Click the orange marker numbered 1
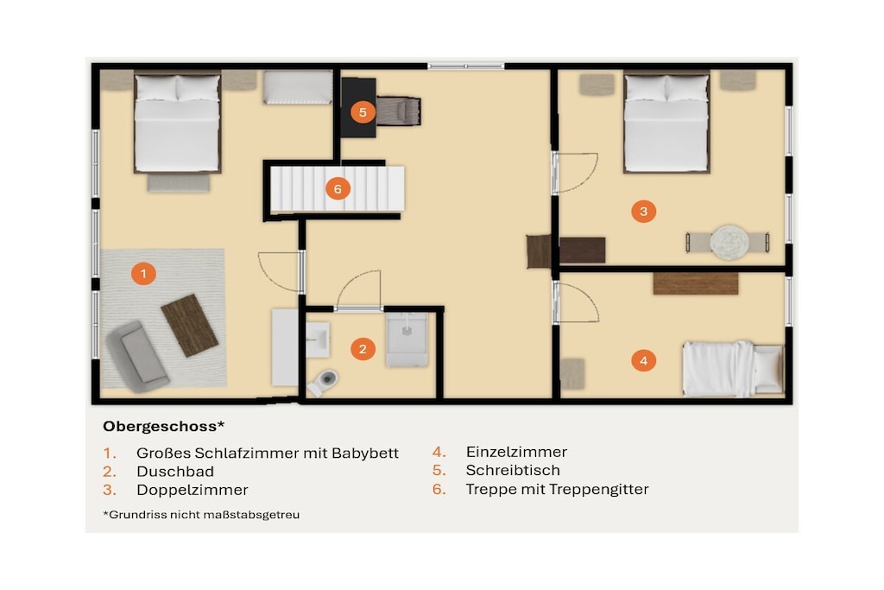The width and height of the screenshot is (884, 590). (x=143, y=274)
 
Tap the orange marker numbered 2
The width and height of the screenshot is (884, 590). (x=363, y=349)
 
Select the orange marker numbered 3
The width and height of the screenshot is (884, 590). (x=643, y=212)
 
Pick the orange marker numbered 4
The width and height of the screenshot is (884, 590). (x=643, y=360)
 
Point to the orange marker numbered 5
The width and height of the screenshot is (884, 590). (x=363, y=112)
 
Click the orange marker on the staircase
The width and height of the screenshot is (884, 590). (x=338, y=189)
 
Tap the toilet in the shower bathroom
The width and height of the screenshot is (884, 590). (x=324, y=381)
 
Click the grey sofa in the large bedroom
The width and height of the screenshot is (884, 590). (x=137, y=357)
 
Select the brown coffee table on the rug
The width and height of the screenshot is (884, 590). (x=189, y=325)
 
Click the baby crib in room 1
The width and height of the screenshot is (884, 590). (x=298, y=87)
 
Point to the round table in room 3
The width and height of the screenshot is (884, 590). (x=729, y=243)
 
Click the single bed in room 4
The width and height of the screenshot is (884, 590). (x=733, y=368)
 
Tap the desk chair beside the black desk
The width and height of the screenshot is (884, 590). (x=399, y=111)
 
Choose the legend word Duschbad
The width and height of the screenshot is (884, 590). (x=174, y=472)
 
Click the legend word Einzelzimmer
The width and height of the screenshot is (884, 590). (x=516, y=452)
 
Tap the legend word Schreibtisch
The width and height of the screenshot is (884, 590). (x=513, y=471)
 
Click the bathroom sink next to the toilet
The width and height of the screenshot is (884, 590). (x=318, y=339)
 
